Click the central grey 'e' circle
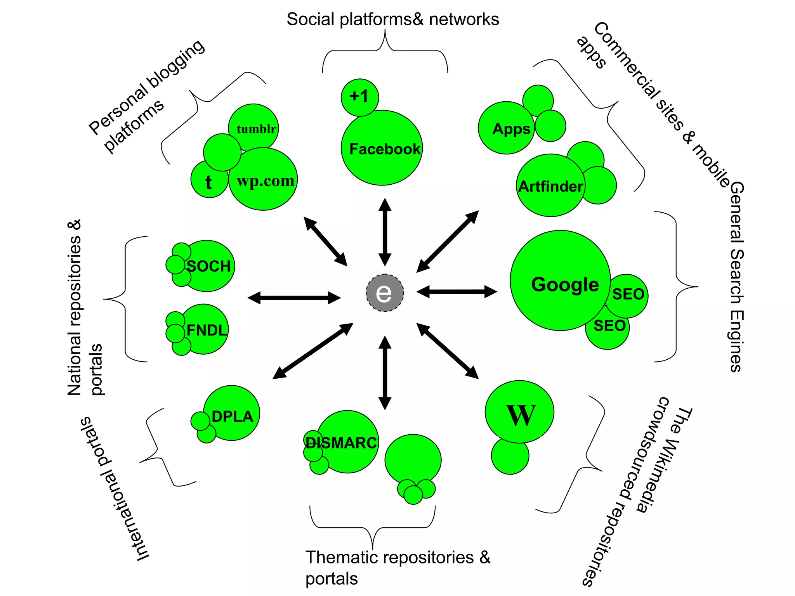click(385, 293)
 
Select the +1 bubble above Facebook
click(359, 97)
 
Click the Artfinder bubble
click(550, 186)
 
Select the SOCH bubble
click(209, 266)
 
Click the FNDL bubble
click(206, 330)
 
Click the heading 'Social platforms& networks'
click(392, 19)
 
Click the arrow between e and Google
click(457, 291)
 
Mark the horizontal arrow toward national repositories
click(294, 298)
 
